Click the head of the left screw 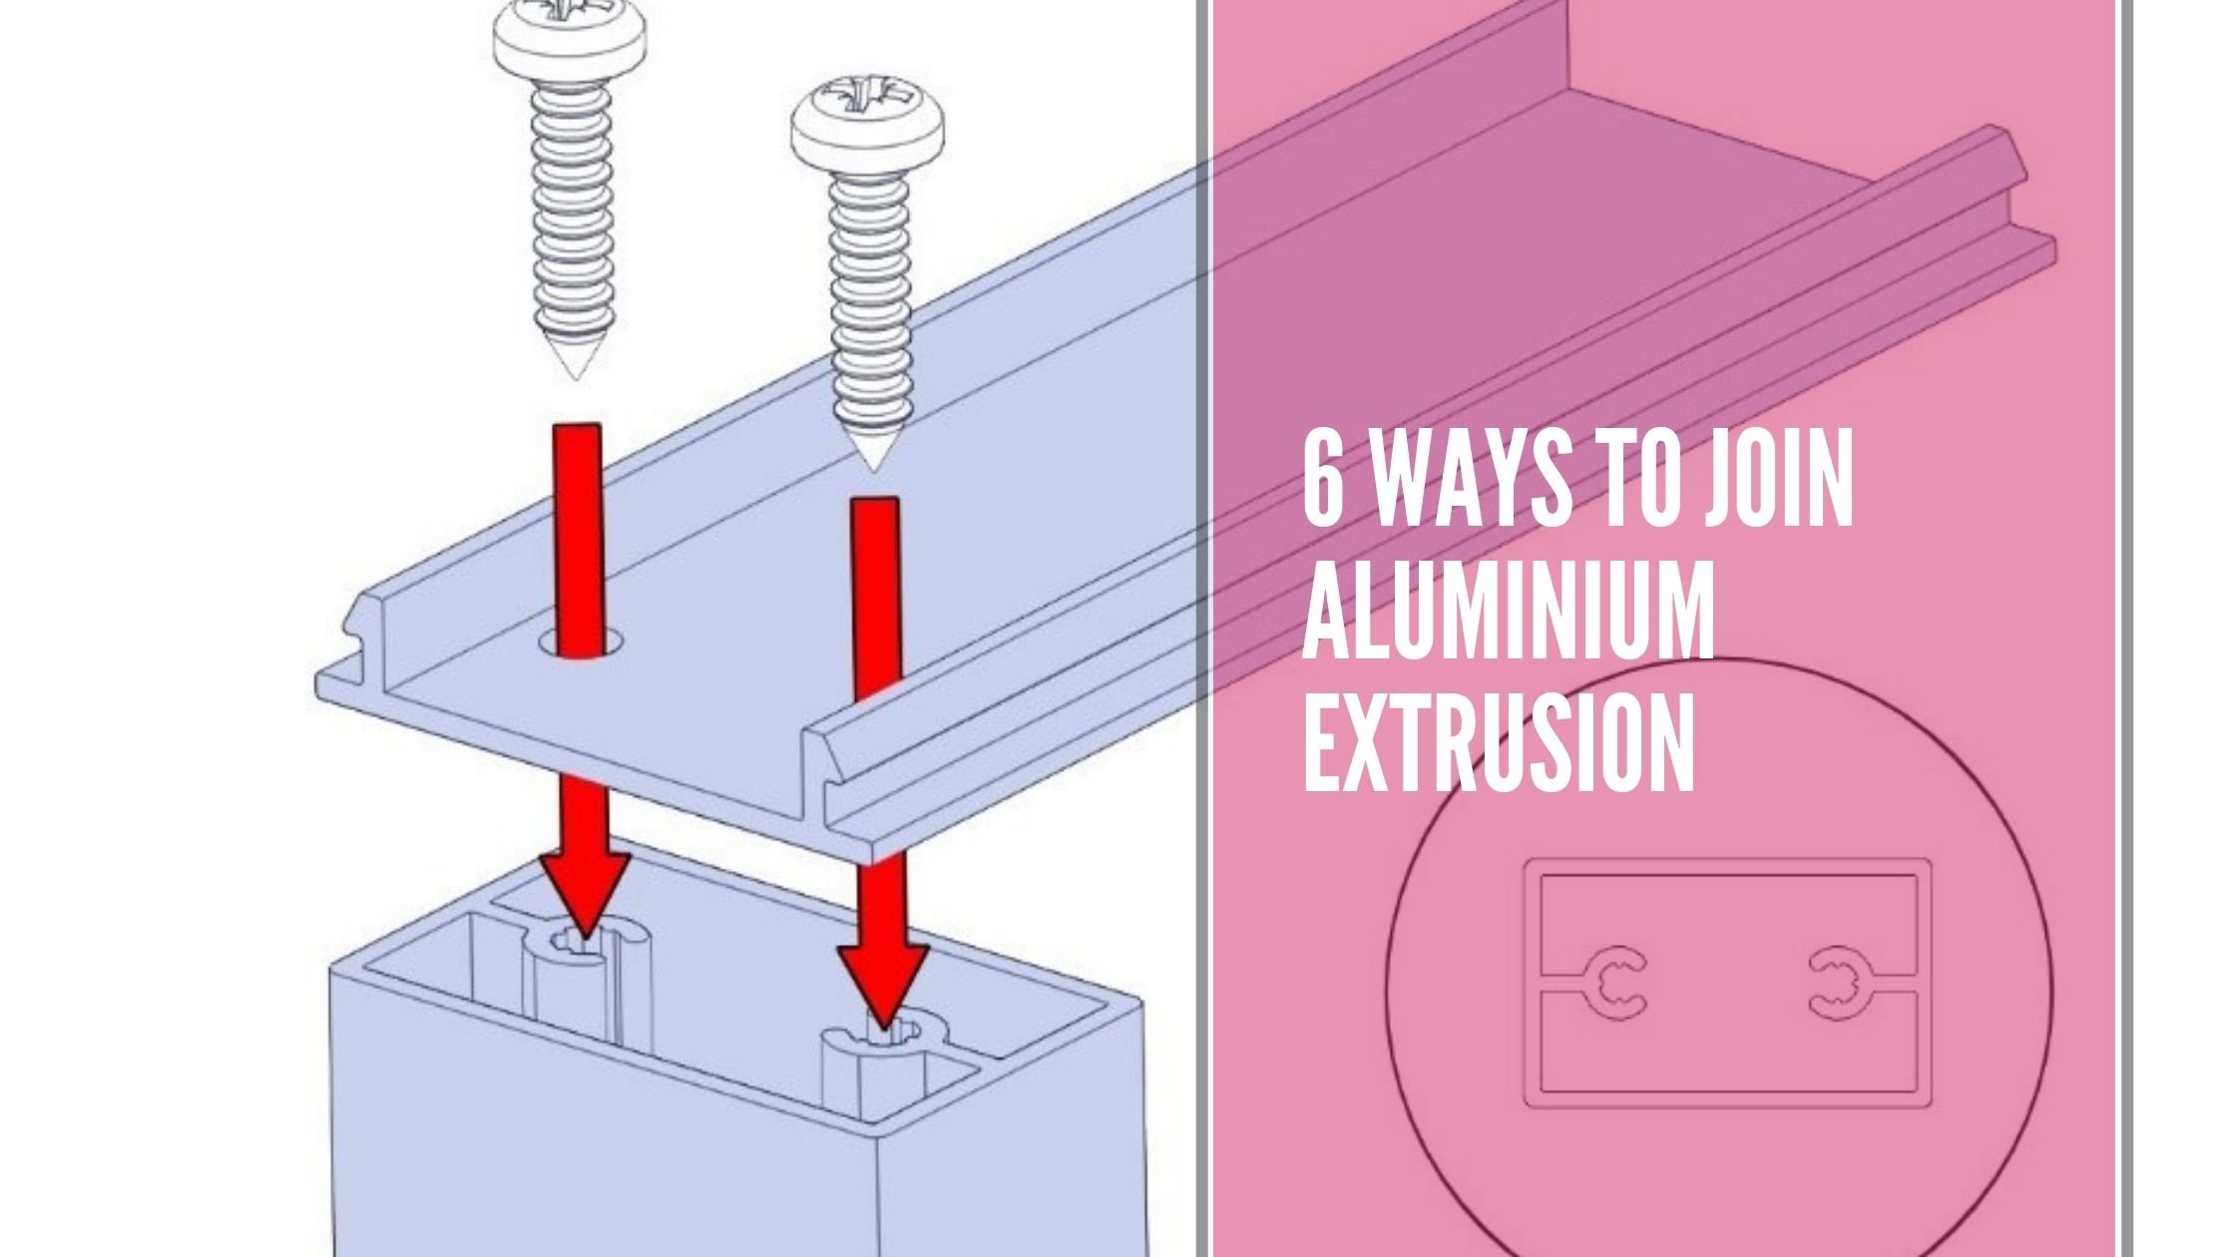coord(570,42)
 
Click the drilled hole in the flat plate coord(582,642)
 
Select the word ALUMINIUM coord(1507,617)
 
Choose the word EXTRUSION coord(1497,744)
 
